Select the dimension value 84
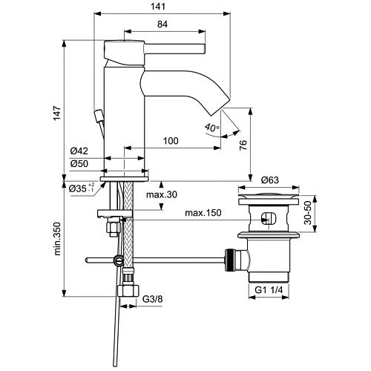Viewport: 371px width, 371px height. [x=162, y=24]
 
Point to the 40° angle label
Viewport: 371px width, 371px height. [x=211, y=128]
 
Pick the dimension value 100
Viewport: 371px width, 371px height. [x=171, y=141]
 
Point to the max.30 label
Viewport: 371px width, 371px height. [x=162, y=196]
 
